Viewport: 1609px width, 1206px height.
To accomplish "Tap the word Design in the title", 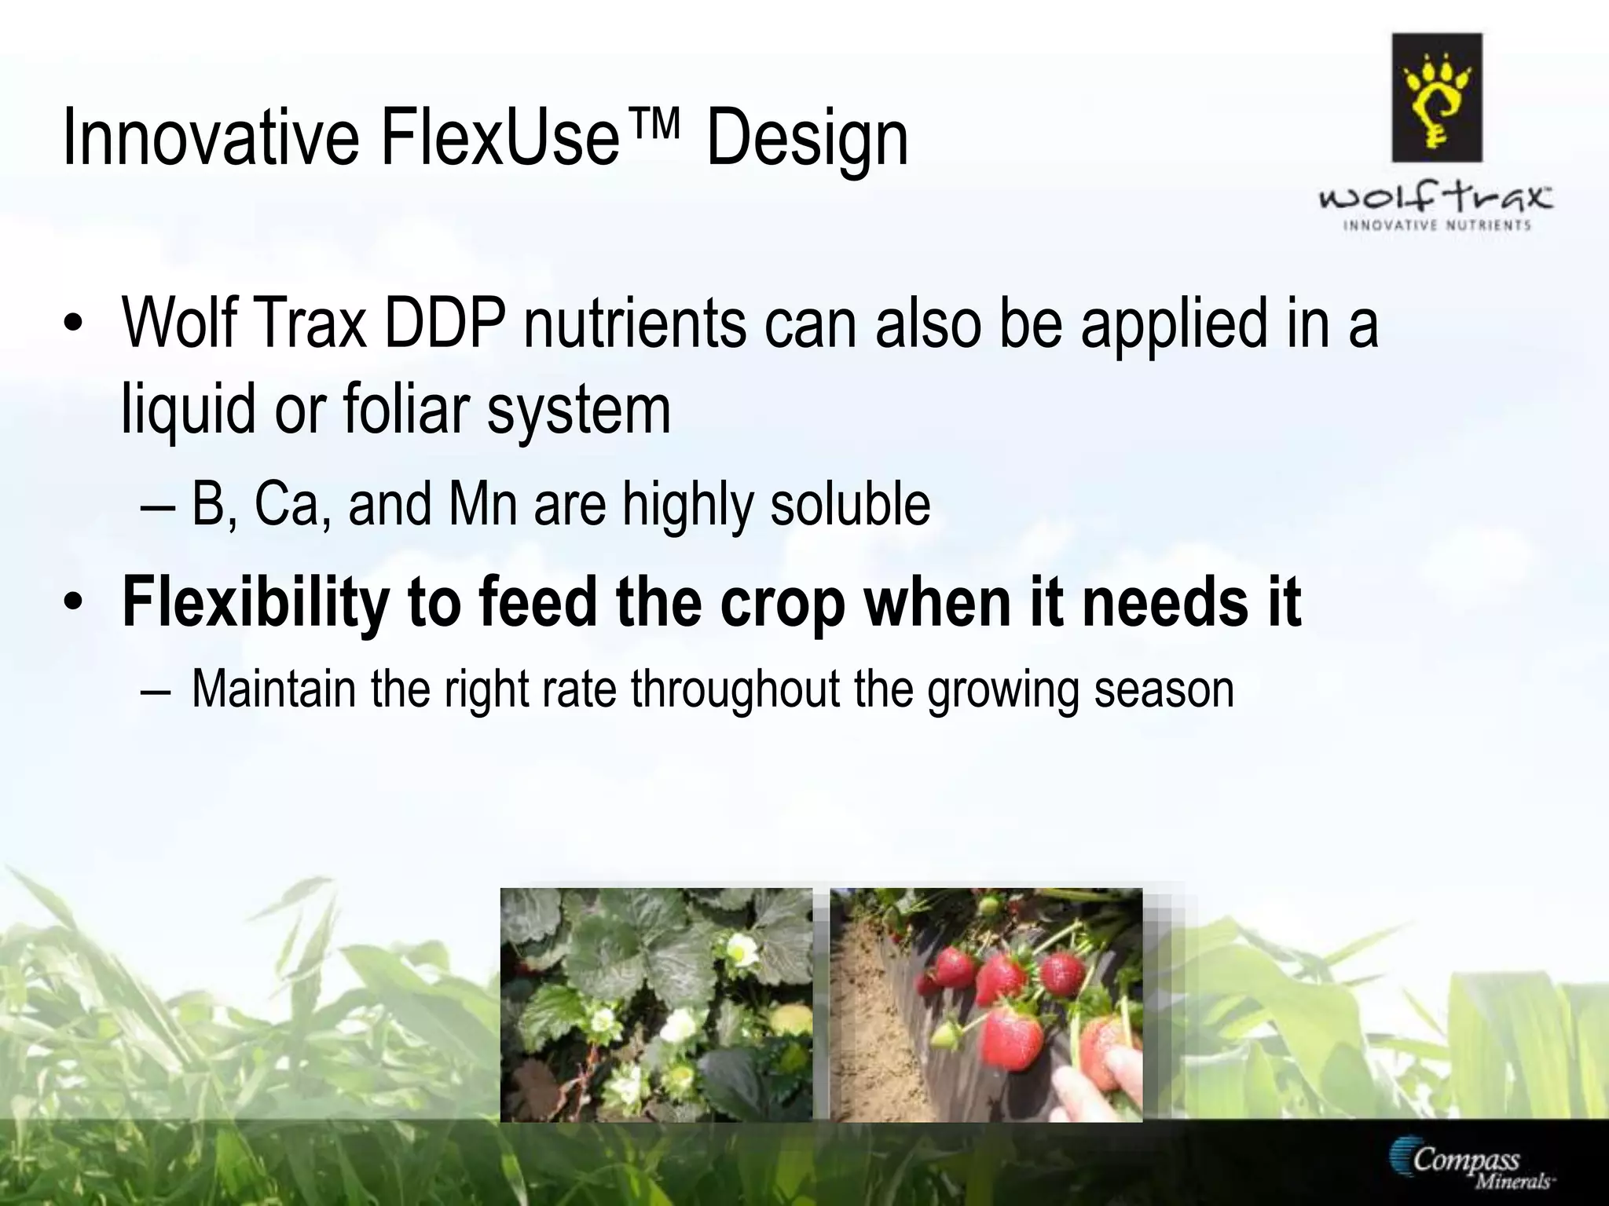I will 807,140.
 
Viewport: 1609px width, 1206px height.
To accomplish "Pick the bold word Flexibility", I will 256,602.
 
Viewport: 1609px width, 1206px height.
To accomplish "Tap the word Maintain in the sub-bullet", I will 273,689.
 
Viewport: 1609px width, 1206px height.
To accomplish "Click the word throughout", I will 735,689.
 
